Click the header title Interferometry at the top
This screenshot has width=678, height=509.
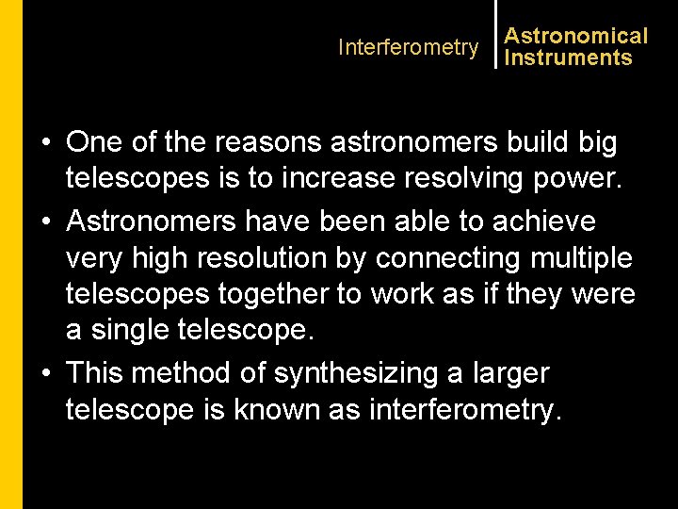[408, 47]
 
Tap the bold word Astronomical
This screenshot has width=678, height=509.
[575, 36]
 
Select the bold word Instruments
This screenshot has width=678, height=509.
[568, 58]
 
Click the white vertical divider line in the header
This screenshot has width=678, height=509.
[495, 34]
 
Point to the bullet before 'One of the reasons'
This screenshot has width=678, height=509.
[46, 144]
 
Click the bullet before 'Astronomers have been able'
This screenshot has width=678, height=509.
[46, 222]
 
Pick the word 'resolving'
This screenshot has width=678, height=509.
[458, 180]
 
